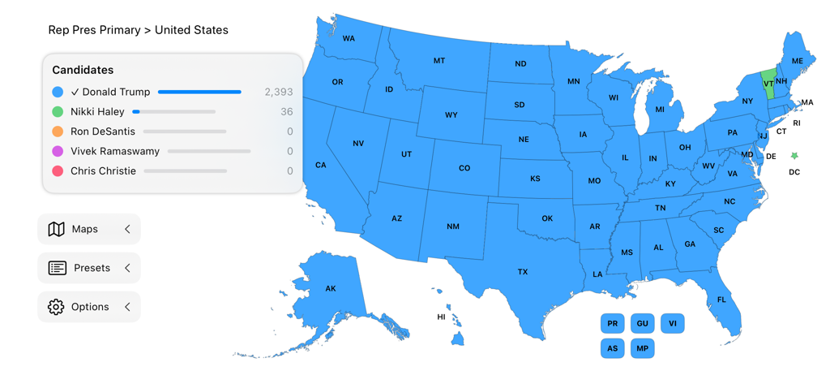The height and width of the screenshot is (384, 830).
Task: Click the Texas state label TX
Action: pyautogui.click(x=523, y=272)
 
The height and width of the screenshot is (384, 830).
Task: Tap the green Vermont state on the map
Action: pyautogui.click(x=768, y=84)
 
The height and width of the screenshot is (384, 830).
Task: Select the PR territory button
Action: pyautogui.click(x=613, y=324)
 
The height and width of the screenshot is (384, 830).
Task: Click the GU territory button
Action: pyautogui.click(x=642, y=324)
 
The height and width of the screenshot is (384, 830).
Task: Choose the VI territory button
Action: pyautogui.click(x=672, y=324)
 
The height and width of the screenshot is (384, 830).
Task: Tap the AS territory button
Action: pyautogui.click(x=613, y=348)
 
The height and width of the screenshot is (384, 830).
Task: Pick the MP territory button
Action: pyautogui.click(x=642, y=348)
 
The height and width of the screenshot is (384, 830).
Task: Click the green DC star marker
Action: pyautogui.click(x=794, y=156)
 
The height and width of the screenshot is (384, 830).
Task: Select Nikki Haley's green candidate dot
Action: pyautogui.click(x=58, y=112)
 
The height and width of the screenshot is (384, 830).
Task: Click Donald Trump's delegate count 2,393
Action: pyautogui.click(x=278, y=93)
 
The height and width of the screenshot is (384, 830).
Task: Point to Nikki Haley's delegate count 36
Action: pyautogui.click(x=286, y=112)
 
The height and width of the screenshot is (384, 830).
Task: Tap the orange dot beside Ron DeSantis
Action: pyautogui.click(x=58, y=132)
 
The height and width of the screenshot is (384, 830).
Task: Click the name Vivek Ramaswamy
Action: pyautogui.click(x=115, y=152)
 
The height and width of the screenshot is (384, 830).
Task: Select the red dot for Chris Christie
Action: pyautogui.click(x=58, y=171)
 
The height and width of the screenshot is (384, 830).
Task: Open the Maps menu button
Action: pyautogui.click(x=89, y=230)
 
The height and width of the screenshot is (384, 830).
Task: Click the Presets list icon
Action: pyautogui.click(x=58, y=268)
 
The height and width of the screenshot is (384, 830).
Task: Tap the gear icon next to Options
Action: pyautogui.click(x=56, y=307)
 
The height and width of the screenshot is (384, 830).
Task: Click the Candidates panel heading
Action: pyautogui.click(x=83, y=71)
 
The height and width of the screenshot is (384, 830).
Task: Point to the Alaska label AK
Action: pyautogui.click(x=331, y=289)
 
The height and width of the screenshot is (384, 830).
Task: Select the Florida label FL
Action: pyautogui.click(x=721, y=300)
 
